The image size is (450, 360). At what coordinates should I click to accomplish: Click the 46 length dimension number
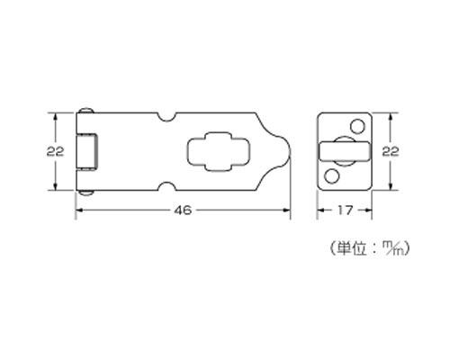(183, 211)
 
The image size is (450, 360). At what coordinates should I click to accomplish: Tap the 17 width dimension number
(345, 211)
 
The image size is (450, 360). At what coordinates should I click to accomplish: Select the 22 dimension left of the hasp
(55, 151)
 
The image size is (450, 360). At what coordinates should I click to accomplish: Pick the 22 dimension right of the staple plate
(391, 151)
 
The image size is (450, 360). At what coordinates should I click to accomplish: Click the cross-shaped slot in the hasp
(219, 151)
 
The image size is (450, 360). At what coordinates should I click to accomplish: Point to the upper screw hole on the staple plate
(357, 126)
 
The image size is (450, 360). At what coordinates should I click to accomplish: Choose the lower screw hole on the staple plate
(332, 176)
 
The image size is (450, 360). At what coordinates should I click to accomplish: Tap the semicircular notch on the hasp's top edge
(166, 117)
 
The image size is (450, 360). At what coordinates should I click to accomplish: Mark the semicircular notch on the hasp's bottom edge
(166, 186)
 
